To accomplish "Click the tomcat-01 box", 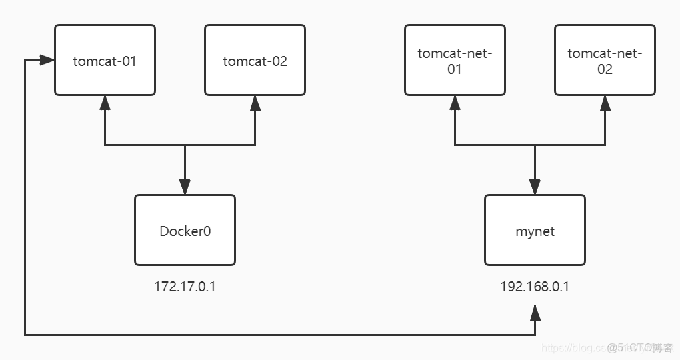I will coord(105,60).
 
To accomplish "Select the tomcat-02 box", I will coord(255,60).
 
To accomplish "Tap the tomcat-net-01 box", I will coord(455,60).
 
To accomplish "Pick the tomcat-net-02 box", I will coord(605,60).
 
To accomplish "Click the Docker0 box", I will coord(185,230).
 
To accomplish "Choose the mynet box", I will coord(535,230).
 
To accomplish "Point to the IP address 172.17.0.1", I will coord(185,287).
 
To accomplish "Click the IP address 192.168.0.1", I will coord(535,287).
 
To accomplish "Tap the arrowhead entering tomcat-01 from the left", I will coord(47,60).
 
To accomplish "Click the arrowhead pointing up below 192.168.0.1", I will coord(535,311).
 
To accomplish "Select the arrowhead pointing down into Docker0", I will coord(185,187).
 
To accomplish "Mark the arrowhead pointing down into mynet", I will coord(535,187).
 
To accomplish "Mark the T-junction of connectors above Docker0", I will coord(185,145).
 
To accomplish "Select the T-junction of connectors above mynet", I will coord(535,145).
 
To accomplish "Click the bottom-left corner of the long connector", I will coord(25,334).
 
